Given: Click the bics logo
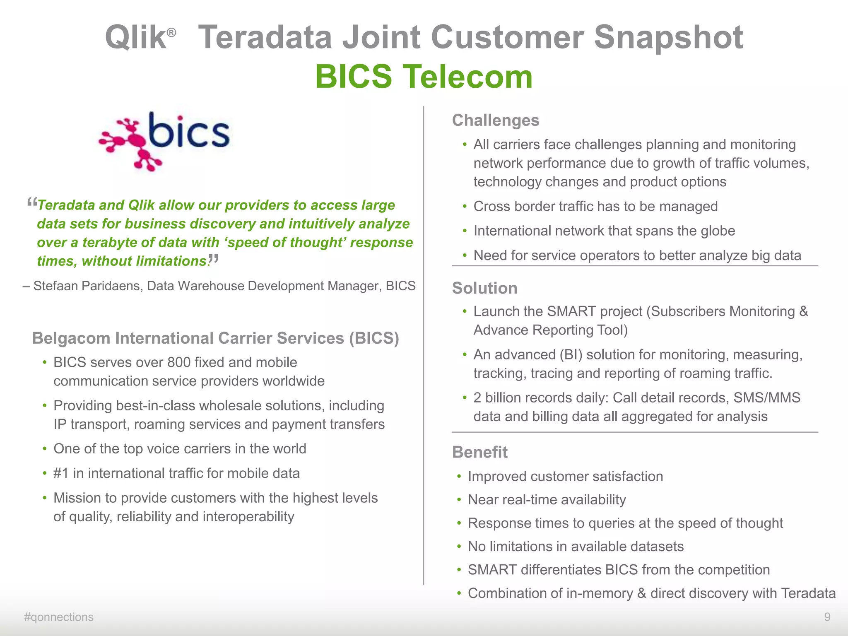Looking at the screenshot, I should [x=165, y=141].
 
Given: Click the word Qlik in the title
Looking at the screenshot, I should [x=135, y=37].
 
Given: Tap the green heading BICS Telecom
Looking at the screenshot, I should [x=424, y=77].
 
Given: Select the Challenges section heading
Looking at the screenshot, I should [x=496, y=120].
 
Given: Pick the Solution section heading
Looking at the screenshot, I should [x=484, y=288].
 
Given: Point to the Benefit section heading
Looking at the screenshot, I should [x=479, y=452].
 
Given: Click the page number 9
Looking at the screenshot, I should [x=827, y=617].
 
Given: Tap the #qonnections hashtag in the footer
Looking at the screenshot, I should [x=59, y=617].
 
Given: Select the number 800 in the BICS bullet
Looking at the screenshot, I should [x=179, y=363].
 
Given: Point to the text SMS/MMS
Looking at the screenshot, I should [x=767, y=398].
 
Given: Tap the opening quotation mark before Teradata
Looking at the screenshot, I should [x=31, y=203].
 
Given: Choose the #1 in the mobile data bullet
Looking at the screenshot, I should [x=61, y=473].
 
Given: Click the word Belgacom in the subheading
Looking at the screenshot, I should [x=71, y=338].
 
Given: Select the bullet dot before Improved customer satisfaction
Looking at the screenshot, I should [x=459, y=477].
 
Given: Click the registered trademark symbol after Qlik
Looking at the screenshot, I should [x=171, y=32].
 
